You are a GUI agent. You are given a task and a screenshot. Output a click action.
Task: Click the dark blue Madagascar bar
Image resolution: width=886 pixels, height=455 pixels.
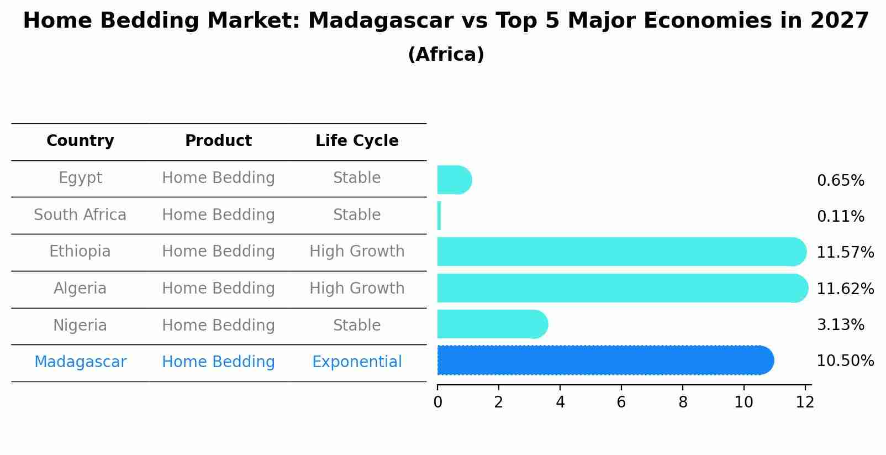[x=605, y=360]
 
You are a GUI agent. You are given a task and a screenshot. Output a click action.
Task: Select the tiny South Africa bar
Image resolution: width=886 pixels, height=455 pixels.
[x=439, y=216]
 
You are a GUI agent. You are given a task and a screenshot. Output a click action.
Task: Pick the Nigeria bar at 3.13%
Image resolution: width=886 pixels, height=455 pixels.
[x=492, y=325]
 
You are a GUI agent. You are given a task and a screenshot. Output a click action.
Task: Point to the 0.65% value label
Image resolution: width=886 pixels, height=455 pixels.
[x=840, y=181]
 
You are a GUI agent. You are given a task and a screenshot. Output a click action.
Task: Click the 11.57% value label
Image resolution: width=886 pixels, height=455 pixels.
[x=845, y=253]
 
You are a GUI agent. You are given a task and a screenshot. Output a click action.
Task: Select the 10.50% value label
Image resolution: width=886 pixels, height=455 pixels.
[x=845, y=361]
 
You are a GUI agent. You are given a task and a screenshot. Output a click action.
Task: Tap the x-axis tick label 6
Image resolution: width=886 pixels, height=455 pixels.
[x=621, y=402]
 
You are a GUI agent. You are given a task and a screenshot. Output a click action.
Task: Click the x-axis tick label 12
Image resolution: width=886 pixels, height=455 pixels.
[x=805, y=402]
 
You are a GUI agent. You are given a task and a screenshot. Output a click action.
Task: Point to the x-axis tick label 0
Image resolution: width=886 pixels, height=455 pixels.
[x=438, y=402]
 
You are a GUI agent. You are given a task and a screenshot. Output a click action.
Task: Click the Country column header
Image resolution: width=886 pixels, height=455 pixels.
[x=80, y=141]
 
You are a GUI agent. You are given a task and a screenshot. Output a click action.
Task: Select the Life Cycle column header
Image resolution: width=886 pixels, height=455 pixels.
[x=357, y=141]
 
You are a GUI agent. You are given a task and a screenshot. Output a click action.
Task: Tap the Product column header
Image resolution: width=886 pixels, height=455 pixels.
[x=218, y=141]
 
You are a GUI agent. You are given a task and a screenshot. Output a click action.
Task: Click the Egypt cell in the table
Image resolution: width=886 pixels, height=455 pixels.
[x=80, y=178]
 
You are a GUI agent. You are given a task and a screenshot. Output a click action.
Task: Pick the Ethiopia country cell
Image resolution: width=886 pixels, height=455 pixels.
[x=80, y=252]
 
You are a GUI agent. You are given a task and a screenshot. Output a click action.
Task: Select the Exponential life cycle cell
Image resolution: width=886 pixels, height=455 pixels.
[x=357, y=362]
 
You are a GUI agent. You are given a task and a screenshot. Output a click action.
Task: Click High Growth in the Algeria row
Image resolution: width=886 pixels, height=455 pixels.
[x=357, y=289]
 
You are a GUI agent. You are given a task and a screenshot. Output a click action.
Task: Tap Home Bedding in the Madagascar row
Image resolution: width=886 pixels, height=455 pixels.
[x=218, y=362]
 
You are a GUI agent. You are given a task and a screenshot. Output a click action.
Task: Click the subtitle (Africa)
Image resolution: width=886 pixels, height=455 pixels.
[x=446, y=55]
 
